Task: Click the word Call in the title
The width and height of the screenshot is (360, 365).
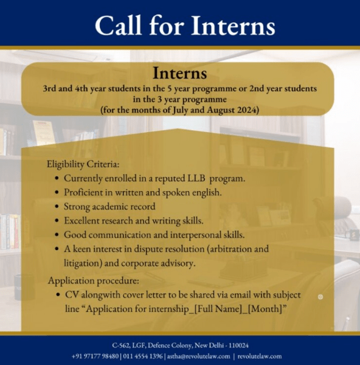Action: (118, 25)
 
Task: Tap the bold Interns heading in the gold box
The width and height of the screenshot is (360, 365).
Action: (179, 73)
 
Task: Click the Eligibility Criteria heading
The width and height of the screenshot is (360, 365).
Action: (83, 164)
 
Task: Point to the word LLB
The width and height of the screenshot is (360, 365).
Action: (196, 178)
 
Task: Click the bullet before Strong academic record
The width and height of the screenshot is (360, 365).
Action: (57, 206)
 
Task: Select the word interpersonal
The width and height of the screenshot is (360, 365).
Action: (196, 235)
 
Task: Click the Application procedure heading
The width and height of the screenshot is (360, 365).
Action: (94, 280)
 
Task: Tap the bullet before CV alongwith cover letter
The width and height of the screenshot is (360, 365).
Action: (58, 294)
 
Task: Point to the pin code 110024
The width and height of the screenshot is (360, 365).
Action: (238, 345)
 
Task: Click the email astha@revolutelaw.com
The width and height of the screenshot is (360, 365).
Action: (198, 356)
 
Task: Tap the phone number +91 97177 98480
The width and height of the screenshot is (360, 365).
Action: (95, 356)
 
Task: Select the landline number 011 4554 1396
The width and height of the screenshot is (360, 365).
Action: (143, 356)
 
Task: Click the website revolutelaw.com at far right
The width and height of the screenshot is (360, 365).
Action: (260, 356)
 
